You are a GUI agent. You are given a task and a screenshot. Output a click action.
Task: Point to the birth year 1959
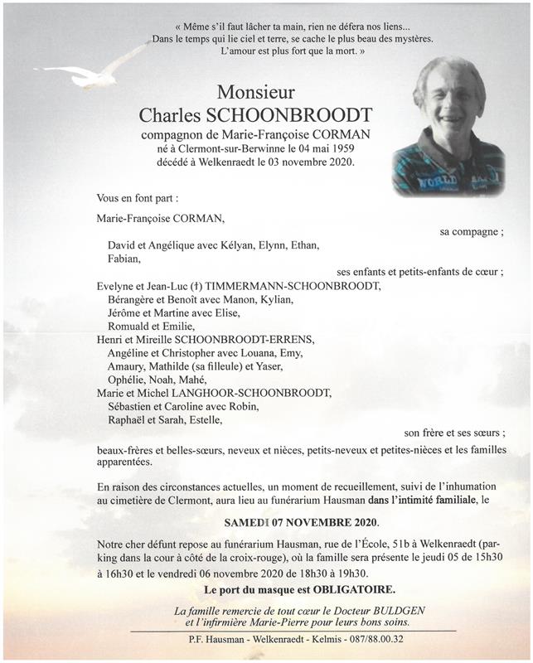[x=349, y=148]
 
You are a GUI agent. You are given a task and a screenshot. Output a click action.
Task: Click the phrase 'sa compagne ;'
[x=471, y=232]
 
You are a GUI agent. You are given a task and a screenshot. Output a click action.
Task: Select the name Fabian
[x=124, y=259]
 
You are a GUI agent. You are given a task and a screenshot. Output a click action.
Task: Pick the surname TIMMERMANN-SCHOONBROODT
[x=288, y=286]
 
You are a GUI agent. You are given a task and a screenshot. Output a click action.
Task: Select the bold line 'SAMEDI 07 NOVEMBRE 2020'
[x=301, y=523]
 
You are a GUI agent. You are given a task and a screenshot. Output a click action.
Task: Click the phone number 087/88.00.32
[x=381, y=640]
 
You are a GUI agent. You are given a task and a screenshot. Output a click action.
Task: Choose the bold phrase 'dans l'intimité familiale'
[x=406, y=501]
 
